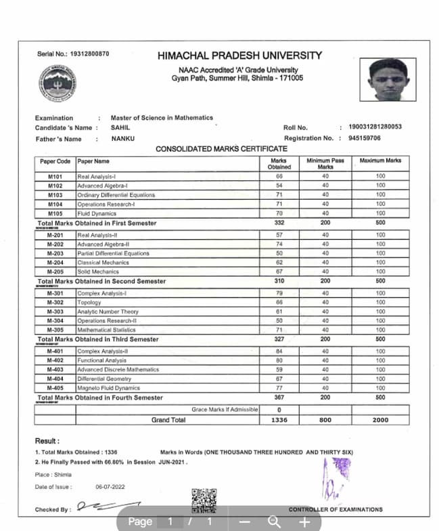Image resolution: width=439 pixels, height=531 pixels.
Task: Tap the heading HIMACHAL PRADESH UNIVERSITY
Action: pyautogui.click(x=239, y=56)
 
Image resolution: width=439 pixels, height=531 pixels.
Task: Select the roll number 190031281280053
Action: pyautogui.click(x=375, y=127)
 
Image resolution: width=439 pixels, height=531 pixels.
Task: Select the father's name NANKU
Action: pyautogui.click(x=122, y=139)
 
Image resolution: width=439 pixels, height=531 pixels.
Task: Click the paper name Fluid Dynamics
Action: pyautogui.click(x=98, y=213)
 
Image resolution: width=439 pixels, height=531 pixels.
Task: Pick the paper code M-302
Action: pyautogui.click(x=55, y=303)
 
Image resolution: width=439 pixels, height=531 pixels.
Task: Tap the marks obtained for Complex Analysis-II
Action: pyautogui.click(x=279, y=352)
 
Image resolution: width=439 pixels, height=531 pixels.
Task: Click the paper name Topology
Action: pyautogui.click(x=89, y=303)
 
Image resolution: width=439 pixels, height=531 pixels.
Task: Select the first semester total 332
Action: pyautogui.click(x=279, y=223)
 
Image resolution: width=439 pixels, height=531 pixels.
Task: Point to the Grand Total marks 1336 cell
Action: pyautogui.click(x=279, y=420)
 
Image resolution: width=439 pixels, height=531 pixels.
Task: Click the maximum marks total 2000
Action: pyautogui.click(x=380, y=420)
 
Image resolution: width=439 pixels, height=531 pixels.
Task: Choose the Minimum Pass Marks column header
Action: pyautogui.click(x=325, y=163)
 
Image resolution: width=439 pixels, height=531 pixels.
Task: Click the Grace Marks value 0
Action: pyautogui.click(x=279, y=410)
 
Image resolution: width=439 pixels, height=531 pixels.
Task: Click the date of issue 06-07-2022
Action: pyautogui.click(x=110, y=487)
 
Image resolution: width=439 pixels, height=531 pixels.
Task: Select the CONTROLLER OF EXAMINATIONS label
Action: pyautogui.click(x=336, y=509)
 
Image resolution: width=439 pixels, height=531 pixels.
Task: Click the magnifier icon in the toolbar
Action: pyautogui.click(x=274, y=522)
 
